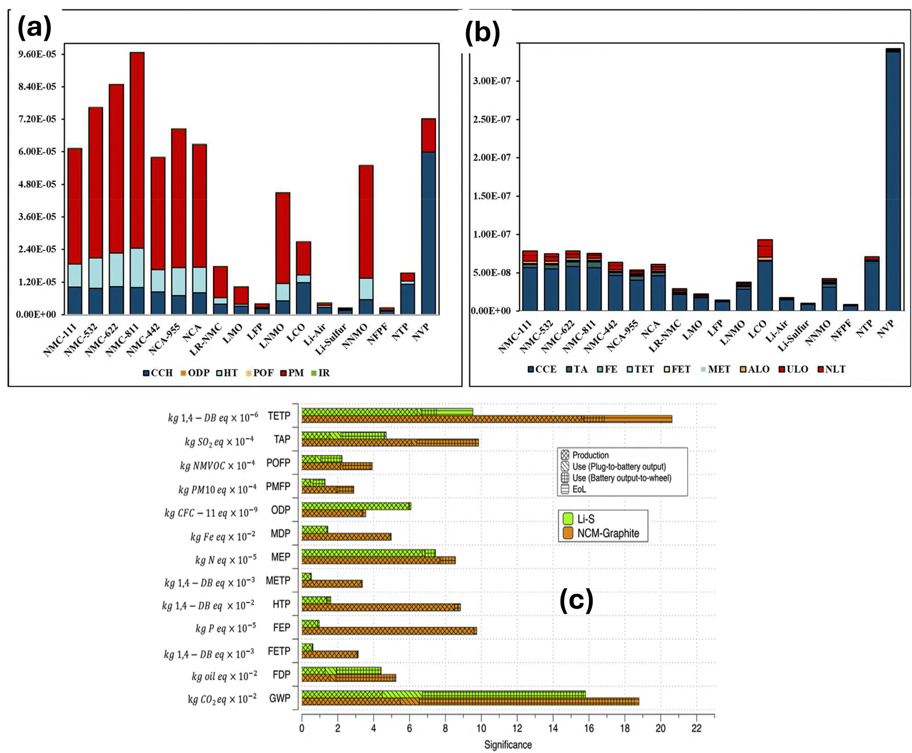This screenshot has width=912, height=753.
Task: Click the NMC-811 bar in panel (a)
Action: pos(137,183)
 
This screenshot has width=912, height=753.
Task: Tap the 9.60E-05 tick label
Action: pos(37,54)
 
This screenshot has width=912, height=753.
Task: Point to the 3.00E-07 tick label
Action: pos(492,81)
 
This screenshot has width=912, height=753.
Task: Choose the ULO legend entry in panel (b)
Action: pos(794,369)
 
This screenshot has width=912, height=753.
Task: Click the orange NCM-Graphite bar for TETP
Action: pos(487,419)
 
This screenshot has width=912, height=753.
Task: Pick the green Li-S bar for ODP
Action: pos(356,506)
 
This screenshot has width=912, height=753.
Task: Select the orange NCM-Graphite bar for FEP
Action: pos(389,631)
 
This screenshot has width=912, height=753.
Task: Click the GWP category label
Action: pos(280,698)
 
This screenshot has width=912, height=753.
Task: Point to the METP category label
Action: pos(278,580)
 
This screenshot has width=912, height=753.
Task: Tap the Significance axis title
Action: pos(508,745)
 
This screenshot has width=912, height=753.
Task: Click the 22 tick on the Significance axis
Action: pos(696,728)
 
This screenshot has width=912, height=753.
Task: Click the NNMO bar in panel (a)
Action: pos(366,239)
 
